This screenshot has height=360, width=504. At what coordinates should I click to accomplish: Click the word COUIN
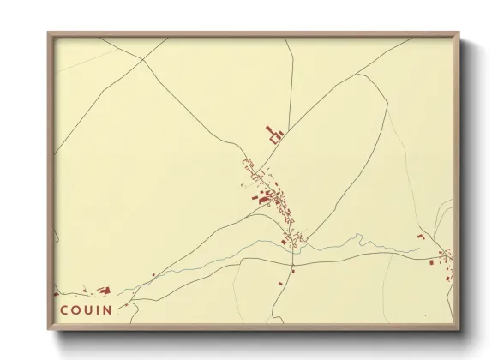pos(86,309)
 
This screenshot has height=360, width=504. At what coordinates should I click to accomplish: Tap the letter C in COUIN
pos(64,309)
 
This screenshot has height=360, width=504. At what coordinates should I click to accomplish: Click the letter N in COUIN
pos(107,309)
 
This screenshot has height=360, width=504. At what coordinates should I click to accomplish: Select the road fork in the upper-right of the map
pos(356,75)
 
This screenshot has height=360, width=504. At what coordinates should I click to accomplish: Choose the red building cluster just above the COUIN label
pos(102,291)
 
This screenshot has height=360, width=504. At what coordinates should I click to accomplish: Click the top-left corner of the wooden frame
pos(48,33)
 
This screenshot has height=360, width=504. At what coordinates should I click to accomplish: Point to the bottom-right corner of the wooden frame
pos(460,329)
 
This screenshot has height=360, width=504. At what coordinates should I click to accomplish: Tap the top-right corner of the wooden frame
pos(460,33)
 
